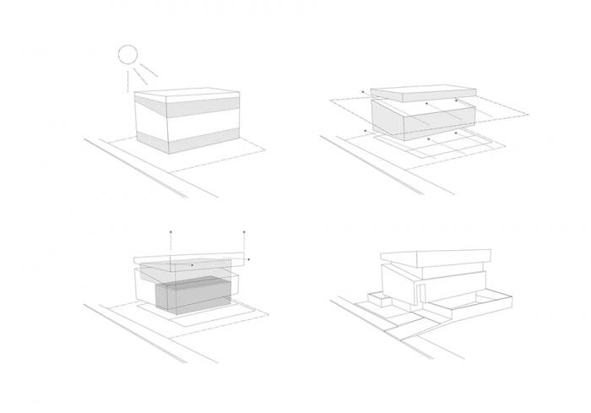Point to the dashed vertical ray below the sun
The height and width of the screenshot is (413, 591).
[128, 81]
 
